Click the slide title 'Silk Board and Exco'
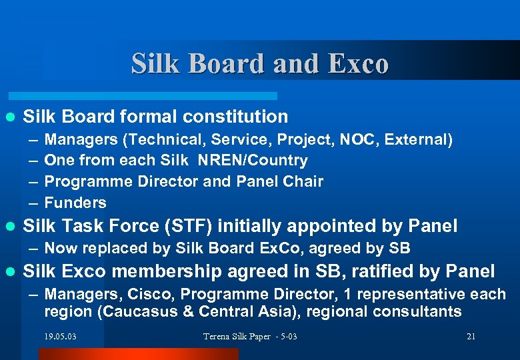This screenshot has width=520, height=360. (x=259, y=64)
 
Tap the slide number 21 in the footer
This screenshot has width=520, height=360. (x=471, y=337)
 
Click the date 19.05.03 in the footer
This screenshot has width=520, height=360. (x=61, y=337)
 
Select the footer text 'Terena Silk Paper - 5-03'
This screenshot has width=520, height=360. (x=250, y=337)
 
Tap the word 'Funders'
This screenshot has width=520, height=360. (x=75, y=203)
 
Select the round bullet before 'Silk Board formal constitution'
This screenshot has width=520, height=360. (x=10, y=117)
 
